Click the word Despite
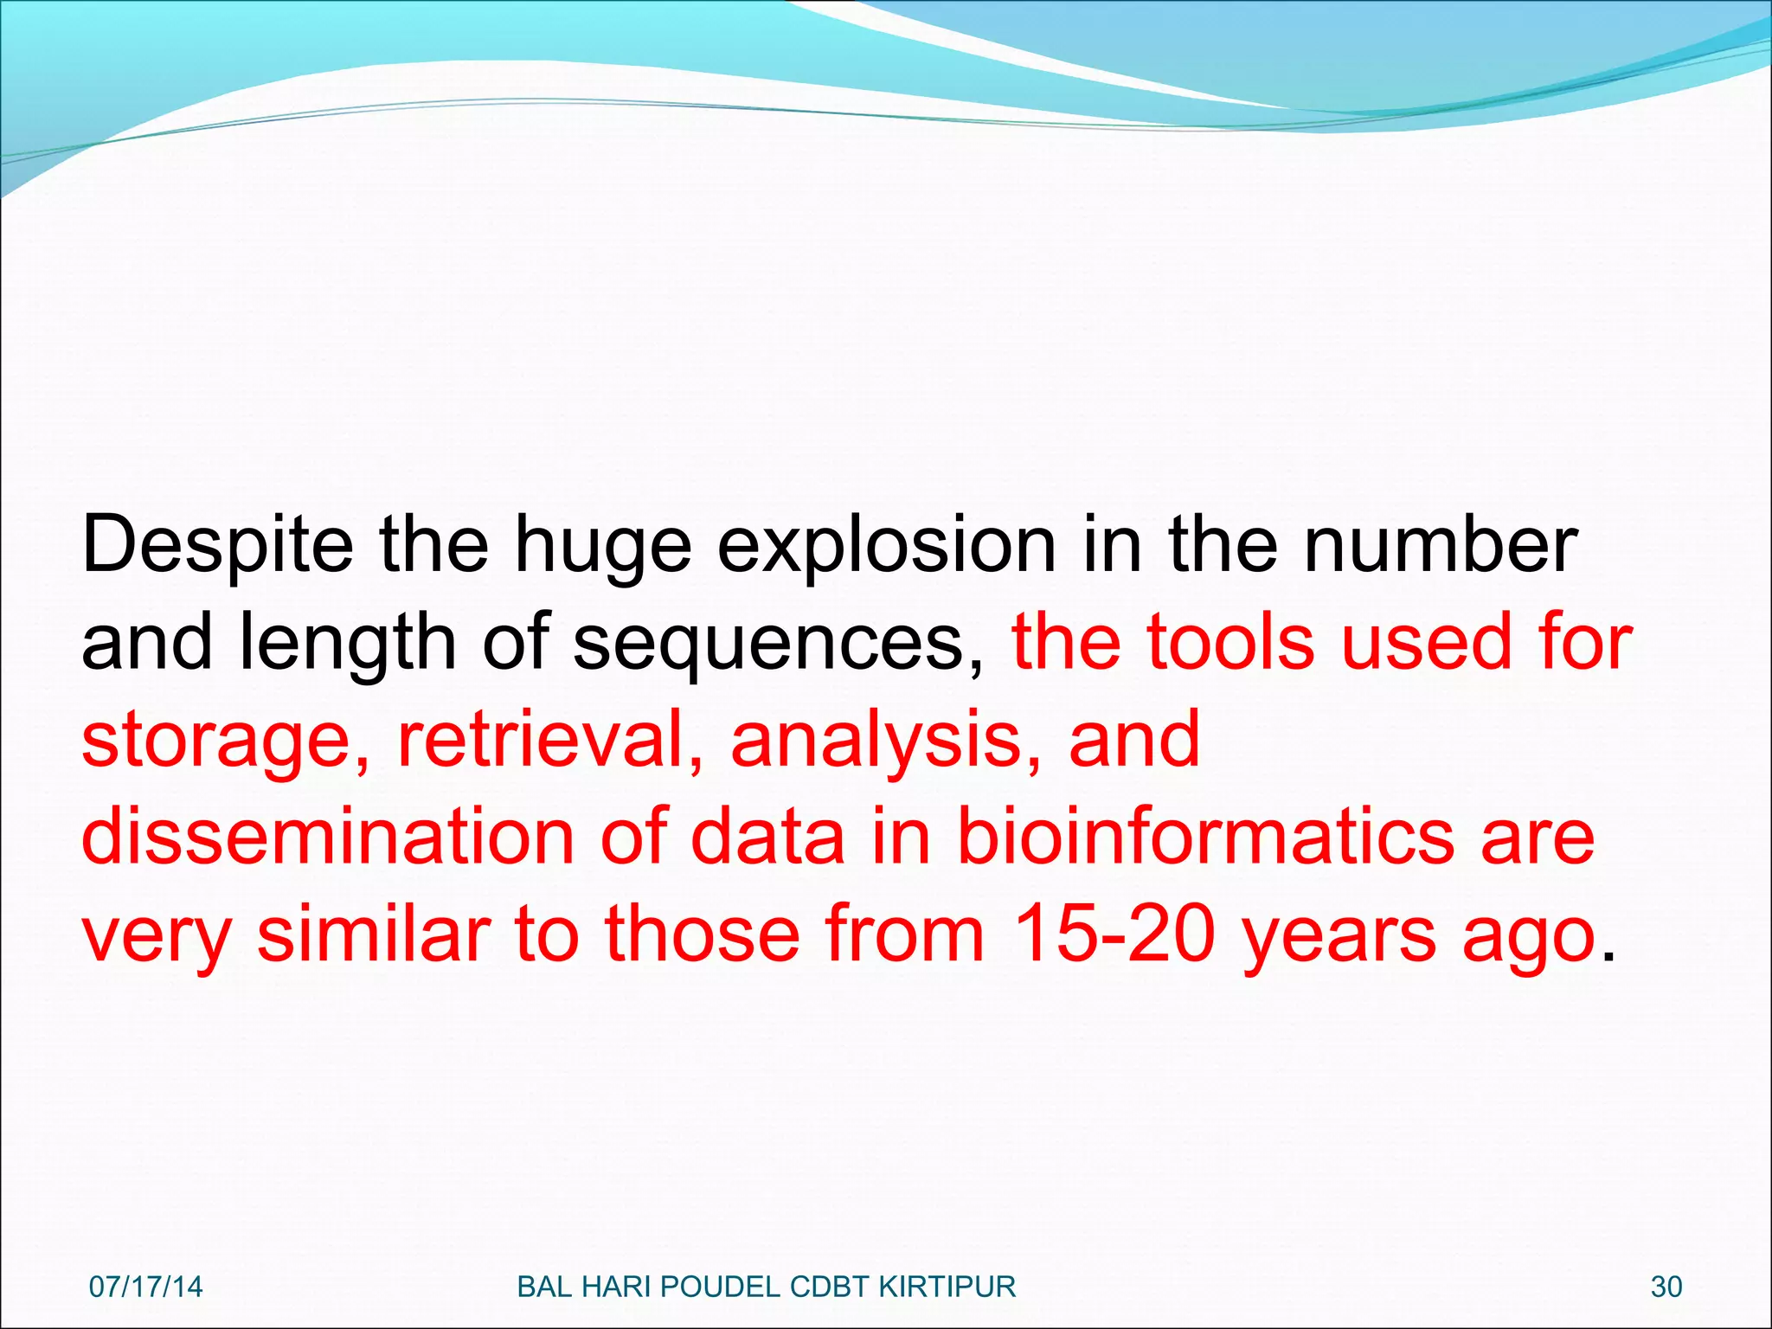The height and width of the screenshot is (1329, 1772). click(217, 545)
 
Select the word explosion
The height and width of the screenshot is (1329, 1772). click(886, 545)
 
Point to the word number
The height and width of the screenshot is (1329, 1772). click(1440, 545)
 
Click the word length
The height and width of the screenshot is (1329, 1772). click(346, 644)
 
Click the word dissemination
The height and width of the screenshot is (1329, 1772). click(328, 837)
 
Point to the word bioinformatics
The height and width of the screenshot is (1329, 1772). click(1205, 837)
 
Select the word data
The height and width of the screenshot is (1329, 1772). click(767, 837)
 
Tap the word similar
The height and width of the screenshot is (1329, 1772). click(374, 934)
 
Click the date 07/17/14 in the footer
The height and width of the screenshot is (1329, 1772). click(145, 1287)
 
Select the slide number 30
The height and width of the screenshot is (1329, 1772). click(1666, 1287)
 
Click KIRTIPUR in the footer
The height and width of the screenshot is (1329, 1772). click(947, 1287)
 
